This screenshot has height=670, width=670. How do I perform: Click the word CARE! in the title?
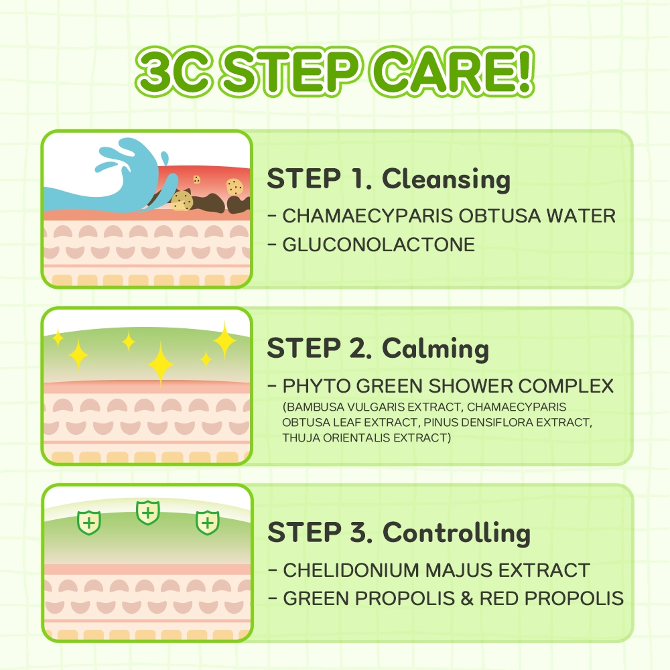pos(454,71)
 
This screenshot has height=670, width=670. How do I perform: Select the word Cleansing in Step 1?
pos(446,180)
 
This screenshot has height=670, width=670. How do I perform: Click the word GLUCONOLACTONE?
pos(379,245)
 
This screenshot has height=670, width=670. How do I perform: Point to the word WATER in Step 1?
pos(581,216)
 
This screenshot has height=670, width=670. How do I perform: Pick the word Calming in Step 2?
pos(435,348)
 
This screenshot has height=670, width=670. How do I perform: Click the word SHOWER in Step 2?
pos(470,386)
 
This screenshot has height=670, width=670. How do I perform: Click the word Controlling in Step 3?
pos(456,533)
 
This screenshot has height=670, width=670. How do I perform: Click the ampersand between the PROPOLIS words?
pos(467,598)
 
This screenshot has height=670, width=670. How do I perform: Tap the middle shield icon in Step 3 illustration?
pos(148,513)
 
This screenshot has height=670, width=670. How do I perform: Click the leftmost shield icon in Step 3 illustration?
pos(89,523)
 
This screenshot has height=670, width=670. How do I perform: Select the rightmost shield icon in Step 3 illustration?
pos(207,523)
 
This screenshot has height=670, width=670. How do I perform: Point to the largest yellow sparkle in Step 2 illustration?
pos(160,364)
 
